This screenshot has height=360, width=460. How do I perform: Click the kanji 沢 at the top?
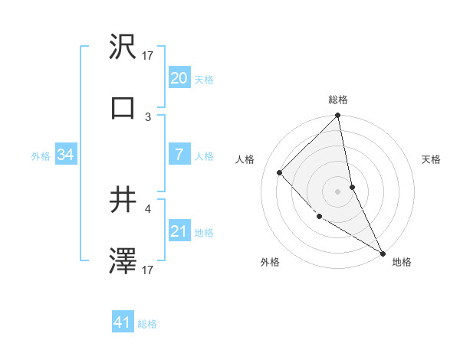click(x=123, y=47)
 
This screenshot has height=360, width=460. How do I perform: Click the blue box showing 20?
click(x=179, y=78)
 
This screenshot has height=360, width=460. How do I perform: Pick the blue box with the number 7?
click(x=179, y=155)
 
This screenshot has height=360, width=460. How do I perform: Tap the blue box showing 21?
click(x=179, y=231)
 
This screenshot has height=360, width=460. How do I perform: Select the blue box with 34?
click(x=66, y=155)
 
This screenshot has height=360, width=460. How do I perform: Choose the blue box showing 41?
click(x=123, y=323)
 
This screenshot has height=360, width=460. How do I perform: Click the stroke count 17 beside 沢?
click(x=148, y=55)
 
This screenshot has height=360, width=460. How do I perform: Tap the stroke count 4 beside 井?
click(x=148, y=208)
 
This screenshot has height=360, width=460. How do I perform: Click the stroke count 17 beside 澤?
click(x=148, y=270)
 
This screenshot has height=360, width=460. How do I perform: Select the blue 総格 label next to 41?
click(x=147, y=324)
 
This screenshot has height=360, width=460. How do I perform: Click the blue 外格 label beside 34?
click(x=41, y=155)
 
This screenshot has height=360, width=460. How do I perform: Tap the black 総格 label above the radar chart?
click(x=338, y=100)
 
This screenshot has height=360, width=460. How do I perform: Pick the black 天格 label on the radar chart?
click(x=431, y=159)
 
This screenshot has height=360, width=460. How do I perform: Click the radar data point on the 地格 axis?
click(x=383, y=252)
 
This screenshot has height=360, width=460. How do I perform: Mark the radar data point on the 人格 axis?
click(x=280, y=172)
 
